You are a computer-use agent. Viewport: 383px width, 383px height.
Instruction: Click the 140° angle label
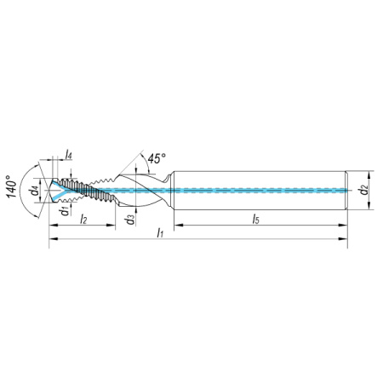pos(12,186)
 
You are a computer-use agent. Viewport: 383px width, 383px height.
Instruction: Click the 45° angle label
pos(157,158)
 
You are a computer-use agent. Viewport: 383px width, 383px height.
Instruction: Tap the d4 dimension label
pos(35,191)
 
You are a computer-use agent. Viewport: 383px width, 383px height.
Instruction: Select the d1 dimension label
pos(66,211)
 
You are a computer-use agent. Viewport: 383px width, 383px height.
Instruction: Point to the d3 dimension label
pos(131,220)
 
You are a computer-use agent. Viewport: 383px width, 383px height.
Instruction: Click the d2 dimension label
pos(363,190)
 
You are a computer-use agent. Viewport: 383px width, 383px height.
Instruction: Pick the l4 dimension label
pos(68,155)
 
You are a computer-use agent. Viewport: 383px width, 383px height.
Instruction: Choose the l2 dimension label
pos(83,219)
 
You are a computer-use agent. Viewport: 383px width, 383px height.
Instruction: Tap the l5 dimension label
pos(256,219)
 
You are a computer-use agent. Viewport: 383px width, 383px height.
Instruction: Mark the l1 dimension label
pos(160,233)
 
